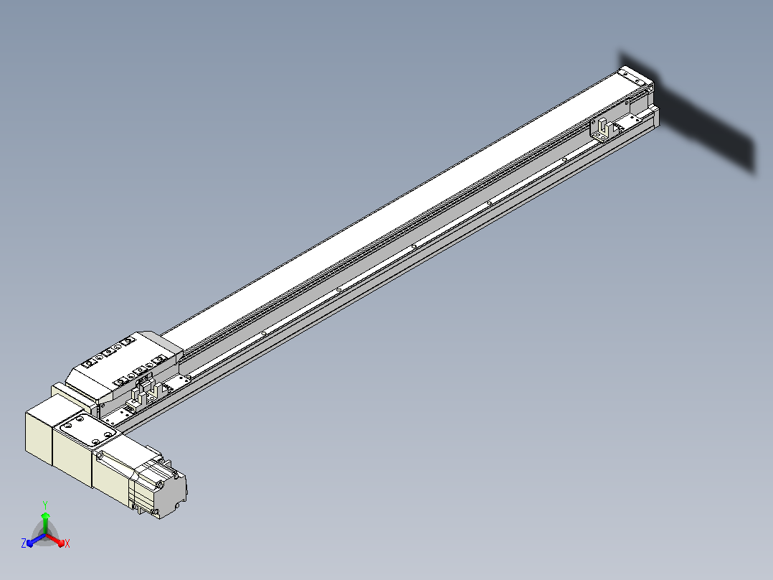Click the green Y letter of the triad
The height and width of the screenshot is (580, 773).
click(x=45, y=505)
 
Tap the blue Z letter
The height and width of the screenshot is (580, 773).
click(x=23, y=543)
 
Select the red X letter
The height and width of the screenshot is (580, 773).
click(x=67, y=543)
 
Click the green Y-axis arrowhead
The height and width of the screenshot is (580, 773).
click(x=45, y=516)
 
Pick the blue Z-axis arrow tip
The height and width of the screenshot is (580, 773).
click(x=29, y=543)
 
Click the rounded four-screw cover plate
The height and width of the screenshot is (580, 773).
click(x=87, y=430)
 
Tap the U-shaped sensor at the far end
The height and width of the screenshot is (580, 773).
click(x=604, y=129)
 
